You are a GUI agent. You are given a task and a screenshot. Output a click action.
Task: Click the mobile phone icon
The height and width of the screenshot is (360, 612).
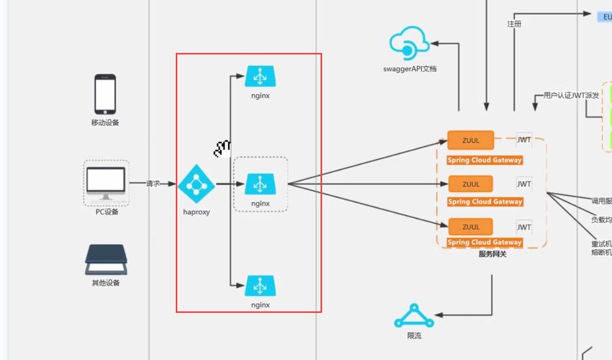click(105, 94)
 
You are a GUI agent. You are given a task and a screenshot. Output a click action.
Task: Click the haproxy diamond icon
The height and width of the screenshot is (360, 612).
click(196, 184)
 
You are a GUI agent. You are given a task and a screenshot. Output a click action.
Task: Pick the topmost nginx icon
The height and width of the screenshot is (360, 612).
click(260, 76)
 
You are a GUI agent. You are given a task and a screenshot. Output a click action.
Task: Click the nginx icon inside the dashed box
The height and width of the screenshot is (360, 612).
click(260, 184)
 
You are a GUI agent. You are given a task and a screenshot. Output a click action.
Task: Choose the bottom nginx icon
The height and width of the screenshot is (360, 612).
click(260, 286)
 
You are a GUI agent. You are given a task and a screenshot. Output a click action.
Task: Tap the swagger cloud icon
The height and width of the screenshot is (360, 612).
click(409, 45)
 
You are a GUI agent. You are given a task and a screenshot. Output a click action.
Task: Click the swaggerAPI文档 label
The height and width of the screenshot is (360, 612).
click(410, 69)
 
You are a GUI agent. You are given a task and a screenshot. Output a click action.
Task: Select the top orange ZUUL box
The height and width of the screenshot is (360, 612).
click(471, 140)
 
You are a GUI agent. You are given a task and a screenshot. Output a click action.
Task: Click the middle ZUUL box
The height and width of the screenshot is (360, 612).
click(471, 184)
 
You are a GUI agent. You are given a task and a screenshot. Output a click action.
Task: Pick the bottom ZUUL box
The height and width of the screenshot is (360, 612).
click(471, 227)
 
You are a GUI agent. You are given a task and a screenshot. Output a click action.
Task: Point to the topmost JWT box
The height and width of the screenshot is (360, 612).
click(524, 140)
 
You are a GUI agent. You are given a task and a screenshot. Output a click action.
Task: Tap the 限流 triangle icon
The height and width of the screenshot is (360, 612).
click(413, 317)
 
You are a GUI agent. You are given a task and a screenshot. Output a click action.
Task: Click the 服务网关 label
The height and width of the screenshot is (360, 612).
click(492, 253)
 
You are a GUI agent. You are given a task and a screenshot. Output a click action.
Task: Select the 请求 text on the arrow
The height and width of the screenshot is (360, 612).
click(153, 184)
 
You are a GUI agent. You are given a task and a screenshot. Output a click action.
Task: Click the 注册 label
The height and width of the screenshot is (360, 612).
click(514, 24)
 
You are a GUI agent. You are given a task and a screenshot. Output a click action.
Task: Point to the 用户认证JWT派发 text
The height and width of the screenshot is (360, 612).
click(571, 95)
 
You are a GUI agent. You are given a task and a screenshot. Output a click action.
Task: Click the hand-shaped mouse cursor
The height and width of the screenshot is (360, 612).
click(222, 149)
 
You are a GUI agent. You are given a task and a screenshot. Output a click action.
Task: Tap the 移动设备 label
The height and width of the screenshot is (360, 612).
click(105, 122)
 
